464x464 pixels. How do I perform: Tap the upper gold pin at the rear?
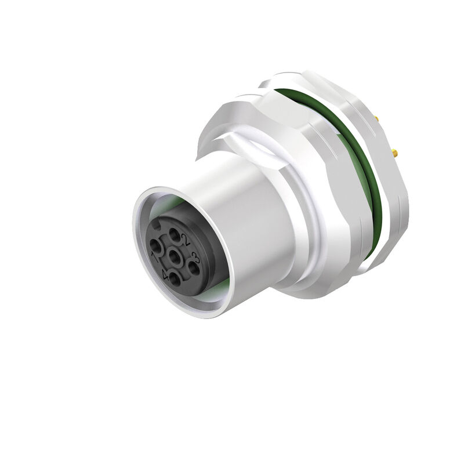378,118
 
